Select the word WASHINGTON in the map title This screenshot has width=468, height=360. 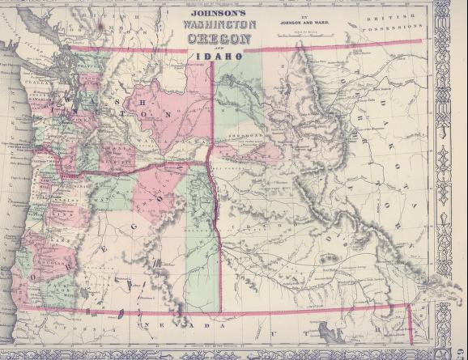click(x=221, y=26)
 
